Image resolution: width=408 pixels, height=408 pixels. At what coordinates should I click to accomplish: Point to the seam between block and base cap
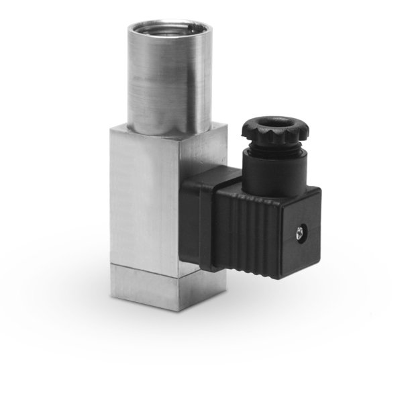(144, 266)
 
